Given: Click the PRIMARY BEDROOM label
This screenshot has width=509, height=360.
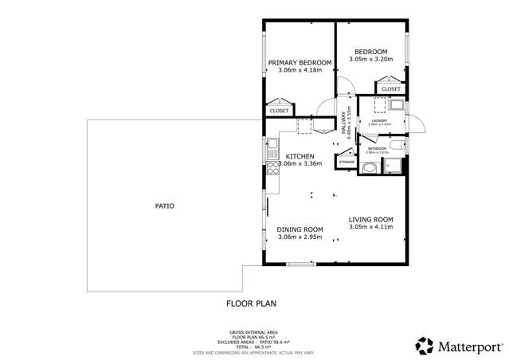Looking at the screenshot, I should click(x=300, y=62).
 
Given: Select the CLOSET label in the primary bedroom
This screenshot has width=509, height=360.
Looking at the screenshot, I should click(x=279, y=111).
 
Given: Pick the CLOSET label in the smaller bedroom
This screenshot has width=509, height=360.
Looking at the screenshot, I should click(x=391, y=89).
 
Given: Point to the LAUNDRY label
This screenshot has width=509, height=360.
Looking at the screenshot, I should click(x=379, y=121).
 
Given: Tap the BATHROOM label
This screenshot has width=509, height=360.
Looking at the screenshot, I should click(x=377, y=148).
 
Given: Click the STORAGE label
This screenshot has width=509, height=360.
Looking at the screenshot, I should click(x=347, y=162).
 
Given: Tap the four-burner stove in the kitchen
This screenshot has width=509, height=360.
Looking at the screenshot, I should click(x=272, y=167).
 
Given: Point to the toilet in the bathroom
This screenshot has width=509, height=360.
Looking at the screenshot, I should click(x=368, y=168).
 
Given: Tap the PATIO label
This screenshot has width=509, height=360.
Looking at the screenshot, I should click(x=164, y=206).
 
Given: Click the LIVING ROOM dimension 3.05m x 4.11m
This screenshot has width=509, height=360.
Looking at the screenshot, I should click(x=371, y=228).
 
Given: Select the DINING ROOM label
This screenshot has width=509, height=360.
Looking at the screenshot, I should click(x=300, y=229).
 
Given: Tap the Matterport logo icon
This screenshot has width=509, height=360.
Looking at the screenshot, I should click(x=425, y=346).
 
